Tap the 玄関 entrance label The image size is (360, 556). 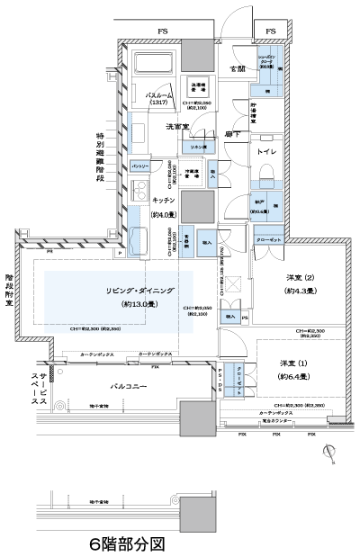(x=238, y=68)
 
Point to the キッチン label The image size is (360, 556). (x=163, y=201)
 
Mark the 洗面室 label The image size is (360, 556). (x=177, y=128)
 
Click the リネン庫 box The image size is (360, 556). (x=196, y=147)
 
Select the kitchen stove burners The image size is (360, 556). (x=139, y=192)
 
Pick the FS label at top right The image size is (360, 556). (x=271, y=31)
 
